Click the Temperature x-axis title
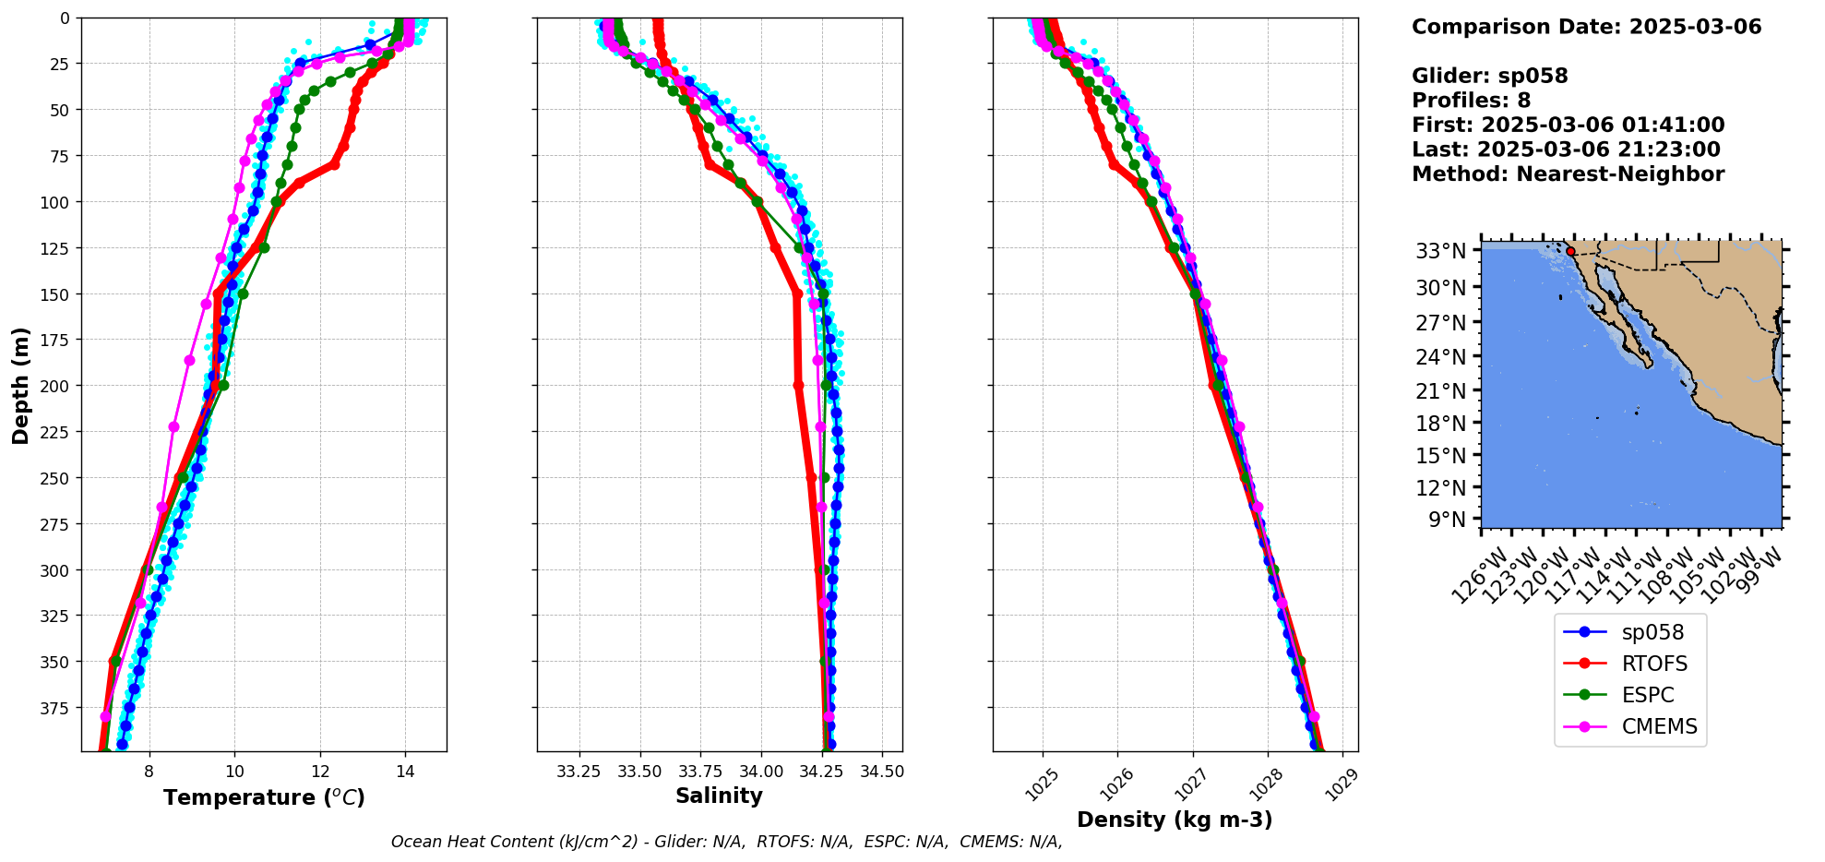point(264,797)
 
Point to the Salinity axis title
point(719,796)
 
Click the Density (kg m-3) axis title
point(1175,820)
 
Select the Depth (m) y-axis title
point(21,385)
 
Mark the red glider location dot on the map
point(1570,251)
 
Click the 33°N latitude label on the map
point(1440,251)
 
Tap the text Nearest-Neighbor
point(1620,174)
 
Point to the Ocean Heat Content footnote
point(726,842)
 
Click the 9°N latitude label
point(1447,520)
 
